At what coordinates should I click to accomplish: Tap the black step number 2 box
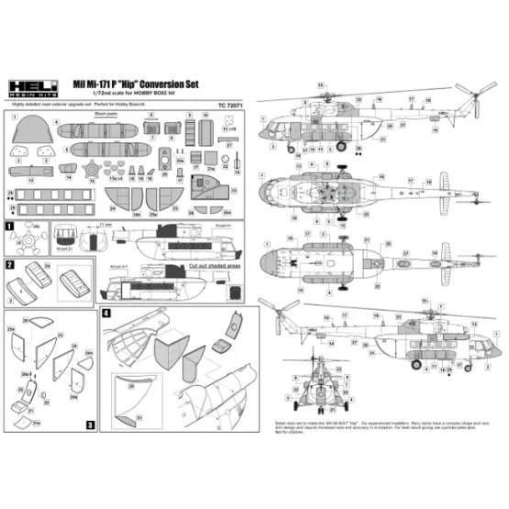9,263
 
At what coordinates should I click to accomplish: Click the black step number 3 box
90,425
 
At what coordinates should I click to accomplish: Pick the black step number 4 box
106,314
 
